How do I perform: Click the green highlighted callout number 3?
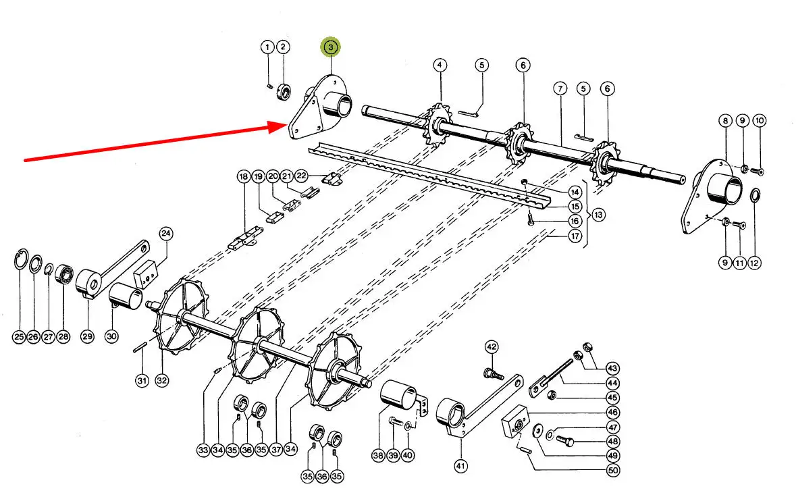pos(331,47)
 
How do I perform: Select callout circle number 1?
pos(268,47)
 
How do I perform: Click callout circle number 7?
pos(560,88)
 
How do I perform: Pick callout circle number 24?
pos(165,234)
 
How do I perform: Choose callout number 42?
pos(492,347)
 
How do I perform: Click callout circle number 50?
pos(612,471)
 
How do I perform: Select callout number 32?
pos(161,381)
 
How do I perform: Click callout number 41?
pos(460,465)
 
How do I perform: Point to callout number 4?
pos(440,65)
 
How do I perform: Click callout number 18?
pos(243,176)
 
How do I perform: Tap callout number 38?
pos(377,456)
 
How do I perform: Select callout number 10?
pos(760,121)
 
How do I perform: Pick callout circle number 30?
pos(111,336)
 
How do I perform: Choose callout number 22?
pos(302,176)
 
